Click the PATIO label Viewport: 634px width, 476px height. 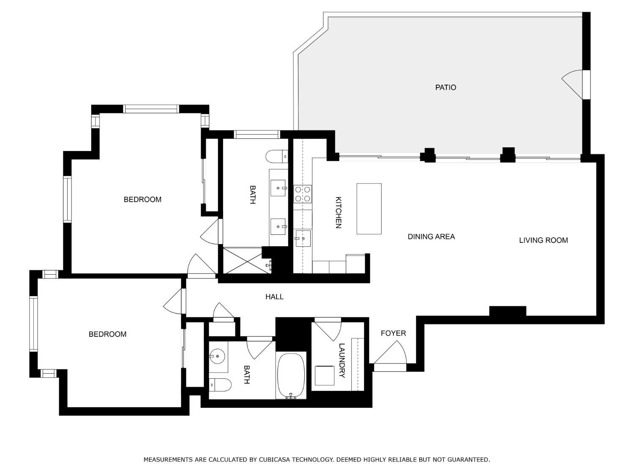click(x=445, y=88)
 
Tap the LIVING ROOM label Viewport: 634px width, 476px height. click(x=543, y=240)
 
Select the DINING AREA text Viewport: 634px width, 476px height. click(x=431, y=237)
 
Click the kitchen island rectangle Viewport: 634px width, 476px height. click(x=369, y=209)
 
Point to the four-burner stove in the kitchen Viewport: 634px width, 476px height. click(x=303, y=194)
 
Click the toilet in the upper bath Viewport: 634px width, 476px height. click(x=276, y=157)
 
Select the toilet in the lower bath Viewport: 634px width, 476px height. click(x=221, y=385)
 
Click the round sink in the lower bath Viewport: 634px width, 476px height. click(x=217, y=356)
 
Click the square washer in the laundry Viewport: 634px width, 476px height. click(x=324, y=375)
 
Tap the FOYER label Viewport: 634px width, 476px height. click(x=393, y=333)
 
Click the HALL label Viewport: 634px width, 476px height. click(x=274, y=297)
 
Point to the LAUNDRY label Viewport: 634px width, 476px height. click(x=342, y=360)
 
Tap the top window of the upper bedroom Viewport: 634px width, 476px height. click(x=151, y=109)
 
